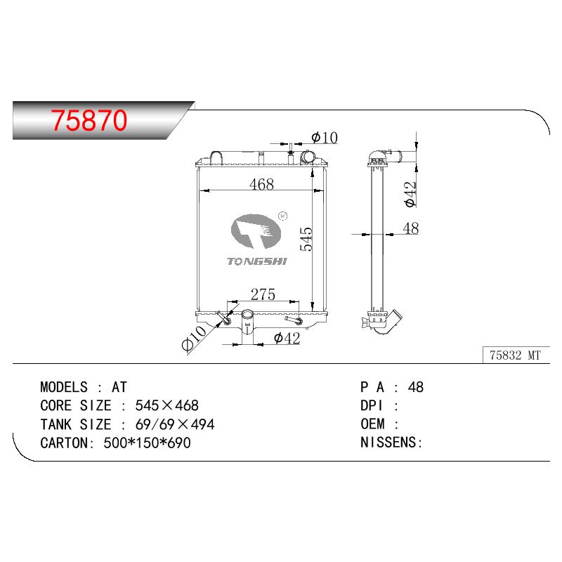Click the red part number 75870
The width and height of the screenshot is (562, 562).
(x=89, y=120)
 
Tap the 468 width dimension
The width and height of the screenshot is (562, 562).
(x=261, y=184)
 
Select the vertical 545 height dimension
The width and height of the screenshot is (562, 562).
(x=306, y=239)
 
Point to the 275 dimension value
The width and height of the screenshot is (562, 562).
(x=263, y=294)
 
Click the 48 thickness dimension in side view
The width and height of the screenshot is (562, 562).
(x=411, y=228)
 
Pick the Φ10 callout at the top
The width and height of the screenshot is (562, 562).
(x=325, y=138)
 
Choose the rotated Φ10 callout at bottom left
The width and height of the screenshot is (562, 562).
(x=194, y=338)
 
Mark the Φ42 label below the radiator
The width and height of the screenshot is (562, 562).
(x=287, y=338)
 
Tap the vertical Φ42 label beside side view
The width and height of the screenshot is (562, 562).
(x=410, y=194)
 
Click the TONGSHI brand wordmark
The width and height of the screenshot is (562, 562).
(x=257, y=261)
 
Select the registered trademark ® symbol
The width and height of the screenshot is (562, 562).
(x=283, y=216)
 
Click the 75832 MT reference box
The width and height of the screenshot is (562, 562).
(x=516, y=355)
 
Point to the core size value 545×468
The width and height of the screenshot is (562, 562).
(x=166, y=406)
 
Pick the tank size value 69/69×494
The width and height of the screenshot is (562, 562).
(x=175, y=424)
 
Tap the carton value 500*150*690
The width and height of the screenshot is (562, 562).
(x=147, y=443)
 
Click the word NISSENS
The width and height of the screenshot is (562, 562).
(x=388, y=443)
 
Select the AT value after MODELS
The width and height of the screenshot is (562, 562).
(x=119, y=387)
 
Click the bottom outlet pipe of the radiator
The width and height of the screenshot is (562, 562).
(x=247, y=326)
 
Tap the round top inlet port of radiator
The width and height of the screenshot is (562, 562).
(x=308, y=157)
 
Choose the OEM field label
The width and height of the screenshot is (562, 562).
(x=372, y=424)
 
